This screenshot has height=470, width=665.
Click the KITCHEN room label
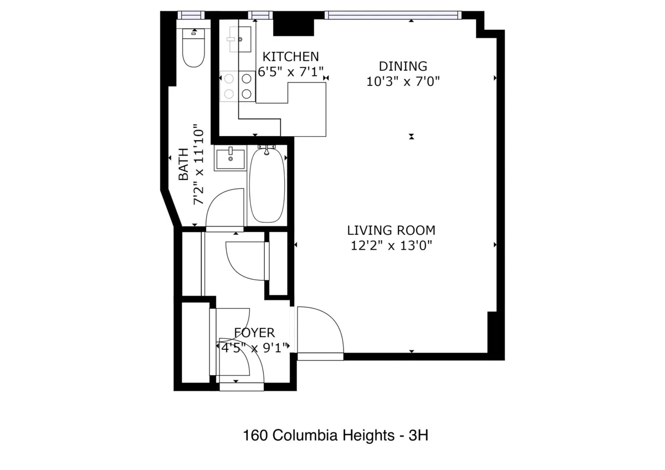click(x=290, y=56)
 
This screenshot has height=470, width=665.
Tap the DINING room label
click(x=403, y=66)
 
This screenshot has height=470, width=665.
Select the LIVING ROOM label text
click(x=391, y=230)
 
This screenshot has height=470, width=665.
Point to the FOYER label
click(x=254, y=333)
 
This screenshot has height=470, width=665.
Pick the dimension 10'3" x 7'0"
click(x=403, y=82)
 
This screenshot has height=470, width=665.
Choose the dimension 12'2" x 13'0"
click(x=391, y=245)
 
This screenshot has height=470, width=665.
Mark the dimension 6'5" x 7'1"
click(x=290, y=72)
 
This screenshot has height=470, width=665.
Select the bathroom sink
click(x=230, y=159)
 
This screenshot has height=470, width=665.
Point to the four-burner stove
click(x=238, y=86)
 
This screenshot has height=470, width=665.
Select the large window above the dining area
click(x=392, y=15)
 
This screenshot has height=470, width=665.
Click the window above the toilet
click(x=191, y=15)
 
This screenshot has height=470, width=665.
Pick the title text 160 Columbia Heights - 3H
click(x=336, y=436)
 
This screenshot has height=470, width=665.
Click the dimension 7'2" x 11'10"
click(x=199, y=165)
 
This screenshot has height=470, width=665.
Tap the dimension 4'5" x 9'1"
click(x=254, y=348)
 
